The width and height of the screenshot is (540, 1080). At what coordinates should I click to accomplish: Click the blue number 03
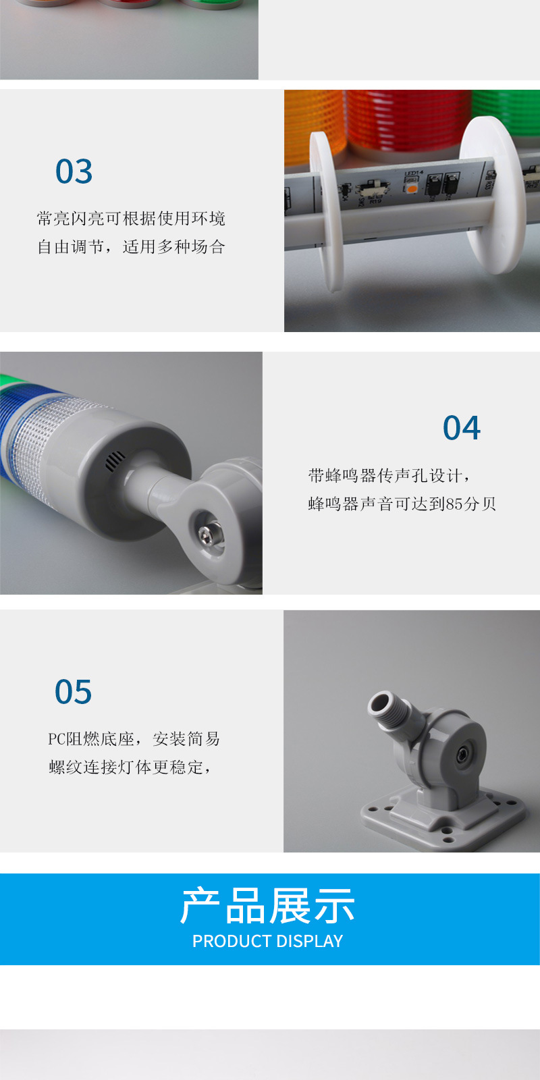pyautogui.click(x=74, y=171)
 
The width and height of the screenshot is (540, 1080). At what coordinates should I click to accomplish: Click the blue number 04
pyautogui.click(x=462, y=428)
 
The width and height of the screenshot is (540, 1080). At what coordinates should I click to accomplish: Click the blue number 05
pyautogui.click(x=74, y=692)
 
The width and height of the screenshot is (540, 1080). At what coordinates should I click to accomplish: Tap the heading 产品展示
pyautogui.click(x=267, y=906)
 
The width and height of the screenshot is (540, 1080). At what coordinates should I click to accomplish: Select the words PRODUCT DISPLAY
pyautogui.click(x=267, y=941)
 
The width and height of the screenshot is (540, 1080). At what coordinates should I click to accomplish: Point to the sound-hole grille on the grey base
pyautogui.click(x=115, y=462)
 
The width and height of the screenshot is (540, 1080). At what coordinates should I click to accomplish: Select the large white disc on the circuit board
pyautogui.click(x=492, y=195)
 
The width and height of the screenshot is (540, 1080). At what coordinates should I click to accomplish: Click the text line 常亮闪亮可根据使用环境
pyautogui.click(x=131, y=219)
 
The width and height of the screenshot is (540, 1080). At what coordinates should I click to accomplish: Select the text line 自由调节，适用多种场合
pyautogui.click(x=131, y=247)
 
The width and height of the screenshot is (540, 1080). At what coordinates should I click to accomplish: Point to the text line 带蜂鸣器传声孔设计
pyautogui.click(x=385, y=476)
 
